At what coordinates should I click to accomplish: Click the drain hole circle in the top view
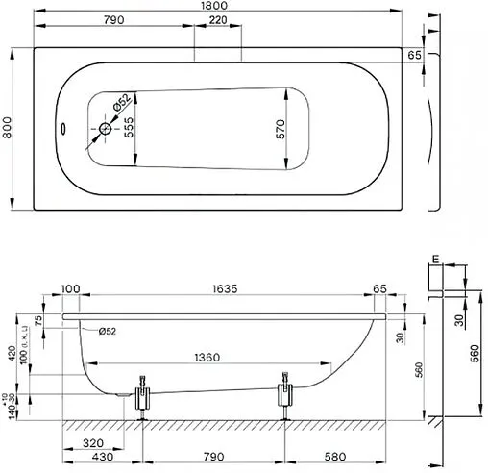107,129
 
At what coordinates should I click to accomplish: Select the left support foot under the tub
143,396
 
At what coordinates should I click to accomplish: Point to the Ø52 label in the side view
108,332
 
